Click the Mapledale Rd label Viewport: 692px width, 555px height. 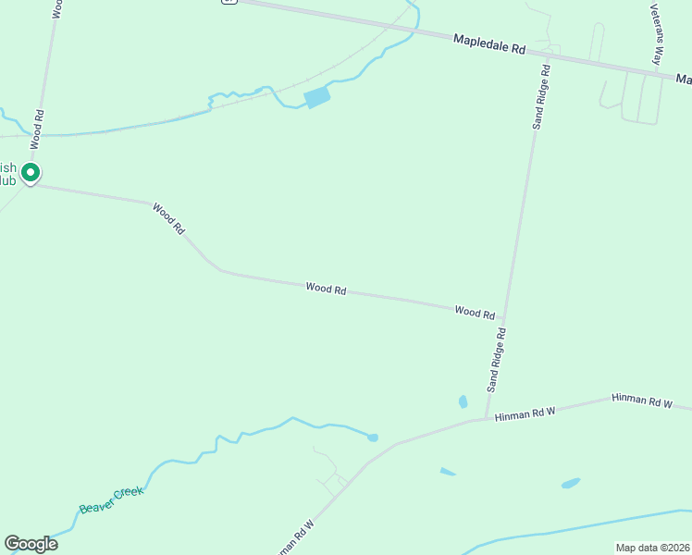[x=489, y=43]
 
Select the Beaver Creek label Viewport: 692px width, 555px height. [x=111, y=500]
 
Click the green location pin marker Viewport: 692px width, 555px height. [x=31, y=173]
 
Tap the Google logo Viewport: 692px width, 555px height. [x=31, y=544]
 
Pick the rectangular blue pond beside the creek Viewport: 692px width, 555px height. [x=316, y=97]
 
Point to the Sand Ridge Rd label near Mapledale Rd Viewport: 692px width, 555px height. [x=540, y=94]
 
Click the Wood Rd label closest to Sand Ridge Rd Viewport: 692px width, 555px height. [x=475, y=313]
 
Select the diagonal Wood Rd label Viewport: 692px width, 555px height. [x=169, y=218]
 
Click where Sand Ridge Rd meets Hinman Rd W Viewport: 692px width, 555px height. [x=486, y=419]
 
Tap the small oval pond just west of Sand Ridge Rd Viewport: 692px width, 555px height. [x=463, y=401]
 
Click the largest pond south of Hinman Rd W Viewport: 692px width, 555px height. [x=570, y=483]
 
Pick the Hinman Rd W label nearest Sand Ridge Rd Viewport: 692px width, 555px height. [x=525, y=413]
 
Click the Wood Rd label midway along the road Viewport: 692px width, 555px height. [x=326, y=289]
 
